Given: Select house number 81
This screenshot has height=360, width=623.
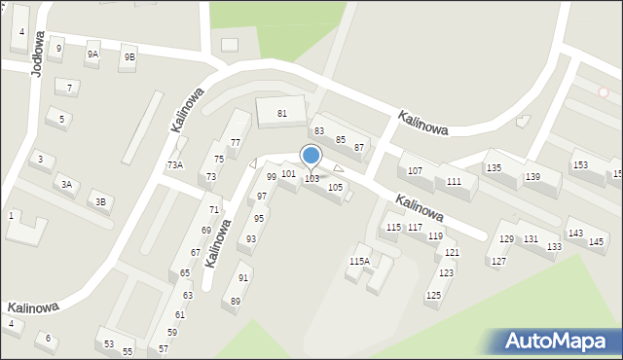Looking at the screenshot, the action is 282,114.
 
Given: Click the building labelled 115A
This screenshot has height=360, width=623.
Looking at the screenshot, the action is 359,261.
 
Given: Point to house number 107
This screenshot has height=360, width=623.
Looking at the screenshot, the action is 415,171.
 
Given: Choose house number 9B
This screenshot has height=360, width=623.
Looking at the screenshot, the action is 129,57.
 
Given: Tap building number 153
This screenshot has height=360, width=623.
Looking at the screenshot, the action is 580,165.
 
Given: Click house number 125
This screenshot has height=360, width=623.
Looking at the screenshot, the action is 433,295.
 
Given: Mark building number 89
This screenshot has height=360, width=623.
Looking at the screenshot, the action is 236,302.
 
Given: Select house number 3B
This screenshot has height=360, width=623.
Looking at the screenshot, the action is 100,202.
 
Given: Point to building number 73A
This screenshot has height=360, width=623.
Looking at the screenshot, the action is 174,164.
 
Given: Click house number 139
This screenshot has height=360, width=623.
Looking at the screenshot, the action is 532,176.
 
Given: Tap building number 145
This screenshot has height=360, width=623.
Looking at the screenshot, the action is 597,240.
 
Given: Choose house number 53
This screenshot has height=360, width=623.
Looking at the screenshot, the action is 109,343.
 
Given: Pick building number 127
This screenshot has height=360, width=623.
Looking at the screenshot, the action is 498,262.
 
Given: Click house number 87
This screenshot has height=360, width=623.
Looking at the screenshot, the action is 359,148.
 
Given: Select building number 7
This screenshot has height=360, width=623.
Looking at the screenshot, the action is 69,88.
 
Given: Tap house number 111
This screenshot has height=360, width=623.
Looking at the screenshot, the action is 454,182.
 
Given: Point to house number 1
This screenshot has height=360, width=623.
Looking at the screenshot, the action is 11,215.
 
